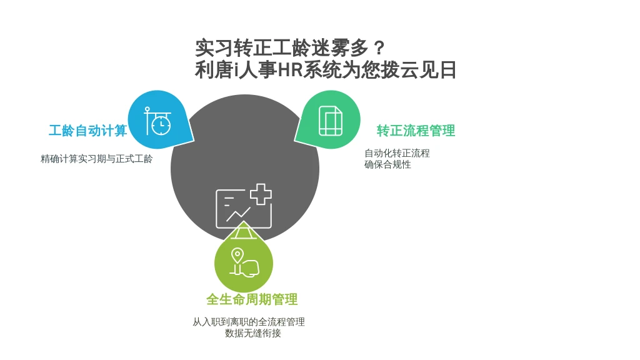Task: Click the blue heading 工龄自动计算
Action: click(87, 131)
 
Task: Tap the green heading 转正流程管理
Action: click(416, 131)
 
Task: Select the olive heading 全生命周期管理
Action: click(252, 299)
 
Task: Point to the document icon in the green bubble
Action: click(331, 121)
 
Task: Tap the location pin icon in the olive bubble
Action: click(237, 256)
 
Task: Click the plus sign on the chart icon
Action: click(261, 194)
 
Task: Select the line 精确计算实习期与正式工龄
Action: click(97, 159)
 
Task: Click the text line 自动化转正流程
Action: click(397, 153)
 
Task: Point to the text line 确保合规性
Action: click(387, 164)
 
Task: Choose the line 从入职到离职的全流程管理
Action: click(249, 322)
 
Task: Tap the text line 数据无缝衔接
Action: click(253, 334)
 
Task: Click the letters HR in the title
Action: click(290, 70)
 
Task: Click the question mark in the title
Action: click(379, 48)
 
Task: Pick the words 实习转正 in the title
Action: click(233, 48)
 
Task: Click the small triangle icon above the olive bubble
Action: click(244, 231)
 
